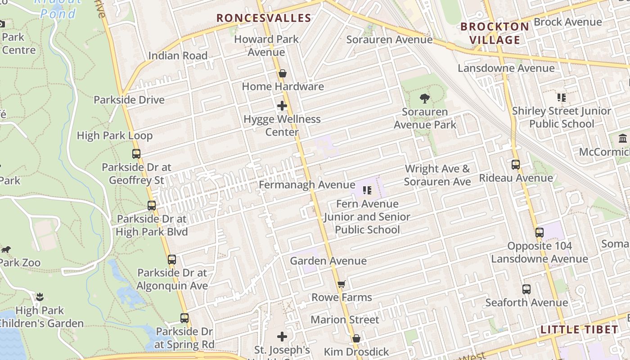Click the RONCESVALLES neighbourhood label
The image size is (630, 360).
point(264,18)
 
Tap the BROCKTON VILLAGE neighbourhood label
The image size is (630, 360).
point(495,33)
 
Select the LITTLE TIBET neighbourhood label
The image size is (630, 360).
point(580,329)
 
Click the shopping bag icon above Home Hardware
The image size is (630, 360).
point(283,73)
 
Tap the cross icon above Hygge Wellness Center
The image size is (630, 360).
point(282,106)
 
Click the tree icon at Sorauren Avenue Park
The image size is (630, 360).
point(424,98)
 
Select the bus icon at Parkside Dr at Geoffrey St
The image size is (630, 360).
point(136,154)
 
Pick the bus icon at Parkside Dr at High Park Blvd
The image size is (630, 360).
point(152,206)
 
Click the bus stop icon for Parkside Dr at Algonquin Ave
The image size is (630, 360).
point(172,260)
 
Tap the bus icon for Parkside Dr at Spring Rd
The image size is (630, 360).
point(184,318)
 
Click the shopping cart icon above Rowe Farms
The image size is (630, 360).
point(342,284)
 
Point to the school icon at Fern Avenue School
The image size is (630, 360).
point(367,190)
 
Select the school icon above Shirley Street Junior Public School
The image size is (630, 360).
point(561,97)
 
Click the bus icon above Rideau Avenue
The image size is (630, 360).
point(516,165)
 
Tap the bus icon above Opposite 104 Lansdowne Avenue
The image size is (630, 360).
point(539,233)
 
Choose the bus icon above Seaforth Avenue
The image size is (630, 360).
point(526,289)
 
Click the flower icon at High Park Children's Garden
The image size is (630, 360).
point(40,297)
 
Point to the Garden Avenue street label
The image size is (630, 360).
point(328,261)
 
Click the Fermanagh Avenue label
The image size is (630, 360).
point(307,185)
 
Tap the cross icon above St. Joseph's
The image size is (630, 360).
point(282,337)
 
